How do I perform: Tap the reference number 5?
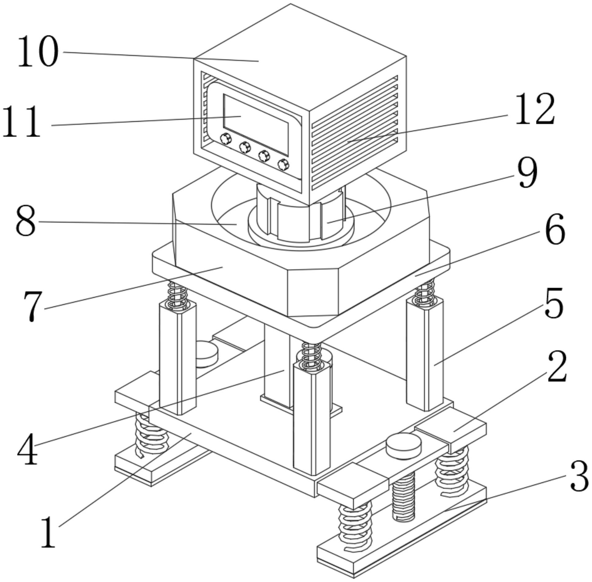[x=554, y=303]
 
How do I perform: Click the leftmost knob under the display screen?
[x=226, y=139]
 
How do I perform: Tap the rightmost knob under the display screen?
[x=283, y=165]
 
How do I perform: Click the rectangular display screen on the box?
[x=256, y=124]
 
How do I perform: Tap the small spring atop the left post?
[x=178, y=295]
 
